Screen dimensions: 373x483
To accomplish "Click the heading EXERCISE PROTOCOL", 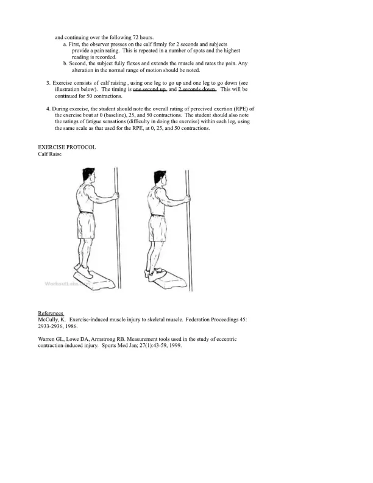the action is click(67, 147).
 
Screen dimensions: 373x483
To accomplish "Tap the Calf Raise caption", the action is click(50, 154).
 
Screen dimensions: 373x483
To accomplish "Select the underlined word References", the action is click(51, 313).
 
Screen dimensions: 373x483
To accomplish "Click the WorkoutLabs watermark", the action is click(67, 284).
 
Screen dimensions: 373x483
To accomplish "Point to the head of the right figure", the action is click(160, 178).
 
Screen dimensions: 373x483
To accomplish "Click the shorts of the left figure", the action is click(85, 226).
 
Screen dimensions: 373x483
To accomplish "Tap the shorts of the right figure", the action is click(158, 228).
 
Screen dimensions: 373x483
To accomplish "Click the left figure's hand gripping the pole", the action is click(116, 196).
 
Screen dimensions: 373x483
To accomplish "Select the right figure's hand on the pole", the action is click(187, 199).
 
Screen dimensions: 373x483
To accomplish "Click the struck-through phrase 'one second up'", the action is click(149, 89).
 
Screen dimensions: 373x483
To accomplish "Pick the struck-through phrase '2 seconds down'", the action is click(197, 89).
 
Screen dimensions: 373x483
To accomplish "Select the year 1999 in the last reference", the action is click(176, 346).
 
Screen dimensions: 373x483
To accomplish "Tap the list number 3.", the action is click(48, 83).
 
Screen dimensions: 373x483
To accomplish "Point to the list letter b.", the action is click(65, 64).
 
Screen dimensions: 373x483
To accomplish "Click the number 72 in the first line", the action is click(135, 38).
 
